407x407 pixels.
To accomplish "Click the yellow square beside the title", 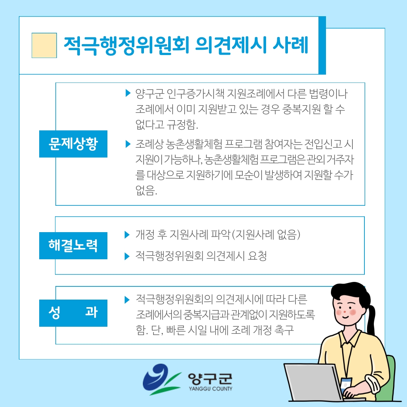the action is [x=44, y=46].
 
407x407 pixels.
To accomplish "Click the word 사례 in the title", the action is [x=291, y=45].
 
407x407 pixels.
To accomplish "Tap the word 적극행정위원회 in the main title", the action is [x=126, y=46].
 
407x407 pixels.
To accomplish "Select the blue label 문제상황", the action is [x=73, y=144].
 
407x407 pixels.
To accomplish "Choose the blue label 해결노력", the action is [x=73, y=246].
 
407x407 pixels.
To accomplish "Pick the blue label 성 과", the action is [x=73, y=313].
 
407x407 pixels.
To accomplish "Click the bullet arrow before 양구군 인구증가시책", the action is [x=128, y=93].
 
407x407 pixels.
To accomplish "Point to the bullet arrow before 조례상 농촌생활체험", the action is [x=128, y=144].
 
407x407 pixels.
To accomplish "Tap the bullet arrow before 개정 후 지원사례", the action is [x=127, y=235].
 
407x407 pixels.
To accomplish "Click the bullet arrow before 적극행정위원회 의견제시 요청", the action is [x=127, y=256].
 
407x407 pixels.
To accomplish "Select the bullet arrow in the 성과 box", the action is [x=127, y=300].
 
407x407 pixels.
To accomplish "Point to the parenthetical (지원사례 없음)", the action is [x=266, y=235].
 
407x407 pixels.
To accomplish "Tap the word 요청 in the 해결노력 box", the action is [x=257, y=256].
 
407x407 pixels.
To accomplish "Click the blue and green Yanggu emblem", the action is [x=161, y=379].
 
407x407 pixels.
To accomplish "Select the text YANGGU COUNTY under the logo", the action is [x=211, y=389].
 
